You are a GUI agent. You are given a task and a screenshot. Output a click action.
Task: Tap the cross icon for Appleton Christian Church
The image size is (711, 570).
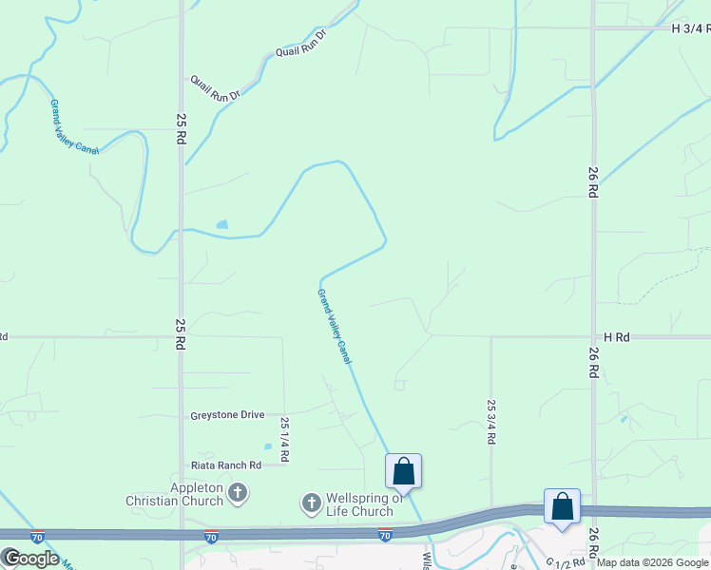[238, 493]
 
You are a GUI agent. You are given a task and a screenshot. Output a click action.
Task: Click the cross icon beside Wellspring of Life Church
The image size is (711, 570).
[311, 503]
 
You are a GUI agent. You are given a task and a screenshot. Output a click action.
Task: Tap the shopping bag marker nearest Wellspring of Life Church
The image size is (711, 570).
[403, 470]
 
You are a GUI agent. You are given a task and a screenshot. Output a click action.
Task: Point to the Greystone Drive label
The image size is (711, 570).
[227, 415]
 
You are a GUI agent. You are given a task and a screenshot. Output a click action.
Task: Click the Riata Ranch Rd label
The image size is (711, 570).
[225, 465]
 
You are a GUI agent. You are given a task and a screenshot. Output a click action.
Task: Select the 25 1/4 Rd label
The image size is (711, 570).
[284, 438]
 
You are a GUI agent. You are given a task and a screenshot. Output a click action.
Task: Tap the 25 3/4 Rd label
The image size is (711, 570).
[491, 422]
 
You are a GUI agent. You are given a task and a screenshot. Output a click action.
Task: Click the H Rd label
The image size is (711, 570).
[617, 337]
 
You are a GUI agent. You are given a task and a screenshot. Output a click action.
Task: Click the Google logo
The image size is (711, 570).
[30, 558]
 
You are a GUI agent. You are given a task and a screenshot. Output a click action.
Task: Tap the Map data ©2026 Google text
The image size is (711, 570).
[652, 562]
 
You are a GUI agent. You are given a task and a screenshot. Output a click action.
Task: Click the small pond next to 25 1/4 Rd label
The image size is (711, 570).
[268, 446]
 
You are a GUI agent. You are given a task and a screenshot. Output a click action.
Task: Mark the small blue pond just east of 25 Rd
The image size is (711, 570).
[222, 225]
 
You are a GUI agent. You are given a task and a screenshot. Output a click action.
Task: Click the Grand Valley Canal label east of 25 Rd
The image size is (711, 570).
[335, 327]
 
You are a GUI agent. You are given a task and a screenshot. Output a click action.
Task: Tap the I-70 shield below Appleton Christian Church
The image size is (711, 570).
[211, 537]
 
